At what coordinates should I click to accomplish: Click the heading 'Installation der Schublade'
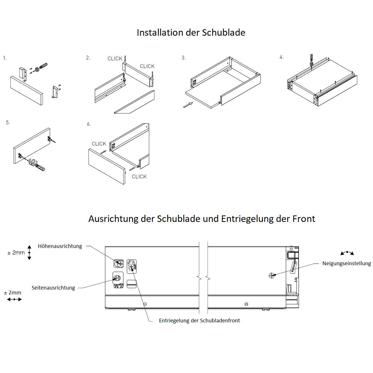(x=191, y=33)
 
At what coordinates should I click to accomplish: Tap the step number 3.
(x=183, y=58)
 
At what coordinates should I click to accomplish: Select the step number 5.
(x=8, y=122)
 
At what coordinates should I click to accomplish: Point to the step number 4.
(x=281, y=57)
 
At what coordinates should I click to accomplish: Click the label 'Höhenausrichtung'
(x=60, y=246)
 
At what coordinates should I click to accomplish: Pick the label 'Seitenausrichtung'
(x=53, y=288)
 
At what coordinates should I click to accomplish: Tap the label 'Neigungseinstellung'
(x=347, y=264)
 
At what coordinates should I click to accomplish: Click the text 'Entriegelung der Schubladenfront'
(x=199, y=320)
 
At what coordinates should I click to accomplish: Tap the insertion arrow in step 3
(x=188, y=105)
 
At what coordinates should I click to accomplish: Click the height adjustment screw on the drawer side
(x=118, y=264)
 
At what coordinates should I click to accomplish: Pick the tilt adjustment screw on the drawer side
(x=272, y=275)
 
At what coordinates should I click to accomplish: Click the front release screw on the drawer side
(x=131, y=267)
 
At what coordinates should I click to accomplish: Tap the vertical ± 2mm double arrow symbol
(x=30, y=253)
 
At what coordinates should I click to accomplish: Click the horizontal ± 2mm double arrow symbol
(x=14, y=299)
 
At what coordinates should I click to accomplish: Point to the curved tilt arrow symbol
(x=347, y=253)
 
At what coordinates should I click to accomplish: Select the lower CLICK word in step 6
(x=139, y=177)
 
